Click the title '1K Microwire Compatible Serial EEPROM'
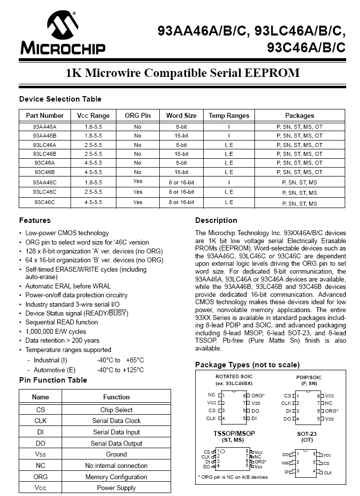click(183, 73)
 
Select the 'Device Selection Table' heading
click(60, 99)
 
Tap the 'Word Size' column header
click(181, 115)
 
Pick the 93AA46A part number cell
click(45, 126)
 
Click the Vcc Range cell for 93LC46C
click(93, 192)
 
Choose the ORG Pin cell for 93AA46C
click(138, 181)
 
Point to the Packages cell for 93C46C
click(299, 203)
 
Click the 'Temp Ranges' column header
click(229, 115)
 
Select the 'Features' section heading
click(35, 220)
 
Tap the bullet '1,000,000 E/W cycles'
click(56, 331)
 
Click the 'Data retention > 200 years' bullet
click(62, 340)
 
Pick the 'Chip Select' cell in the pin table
click(116, 410)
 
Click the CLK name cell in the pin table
click(40, 421)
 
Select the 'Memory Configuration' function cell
click(116, 477)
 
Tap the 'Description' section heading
click(216, 220)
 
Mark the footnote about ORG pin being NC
click(233, 477)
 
